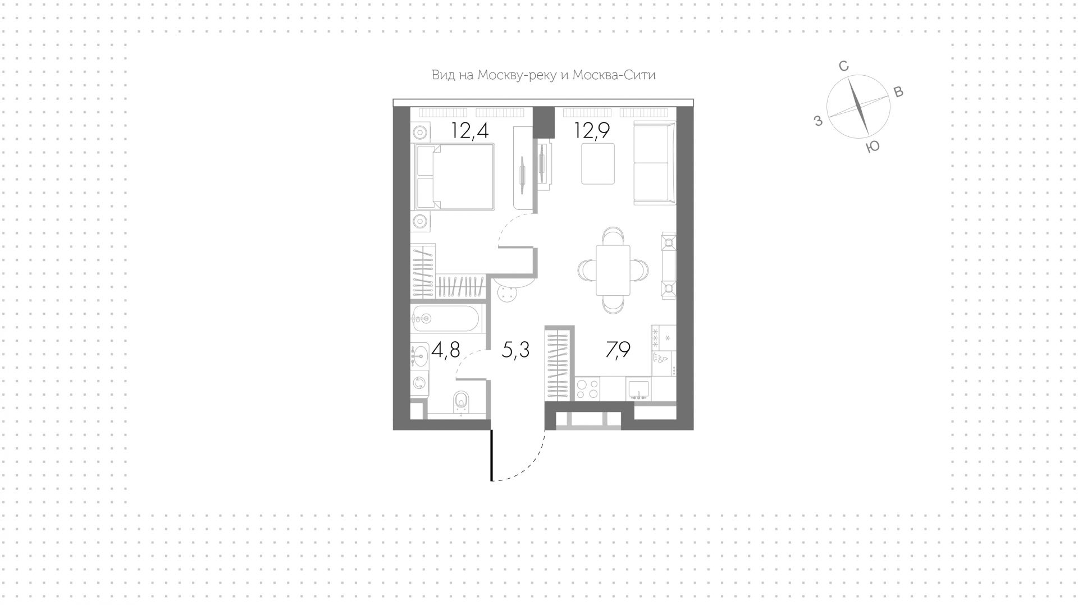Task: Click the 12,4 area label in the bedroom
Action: pyautogui.click(x=470, y=131)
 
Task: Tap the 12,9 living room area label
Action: pyautogui.click(x=592, y=131)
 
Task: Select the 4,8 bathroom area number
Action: pyautogui.click(x=446, y=350)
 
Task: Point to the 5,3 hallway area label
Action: pyautogui.click(x=515, y=350)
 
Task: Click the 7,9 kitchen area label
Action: pyautogui.click(x=618, y=350)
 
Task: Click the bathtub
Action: pyautogui.click(x=445, y=319)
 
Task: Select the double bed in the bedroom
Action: pyautogui.click(x=454, y=177)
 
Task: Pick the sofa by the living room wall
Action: pyautogui.click(x=655, y=162)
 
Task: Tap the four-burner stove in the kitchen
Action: pyautogui.click(x=587, y=388)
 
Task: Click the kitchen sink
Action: pyautogui.click(x=638, y=388)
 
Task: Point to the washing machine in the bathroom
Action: pyautogui.click(x=419, y=383)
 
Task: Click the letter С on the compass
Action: pyautogui.click(x=843, y=66)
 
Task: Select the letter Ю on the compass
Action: pyautogui.click(x=873, y=146)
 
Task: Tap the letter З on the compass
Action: pyautogui.click(x=818, y=120)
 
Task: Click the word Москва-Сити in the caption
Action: pyautogui.click(x=614, y=75)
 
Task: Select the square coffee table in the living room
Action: pyautogui.click(x=598, y=163)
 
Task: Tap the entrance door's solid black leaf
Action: pyautogui.click(x=492, y=455)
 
